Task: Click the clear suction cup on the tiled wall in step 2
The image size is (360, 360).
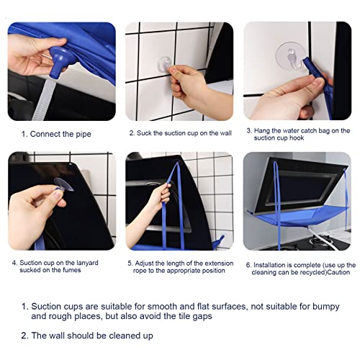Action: [165, 64]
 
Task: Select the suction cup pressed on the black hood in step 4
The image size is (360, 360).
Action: [63, 184]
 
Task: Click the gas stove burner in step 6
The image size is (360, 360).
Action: [319, 240]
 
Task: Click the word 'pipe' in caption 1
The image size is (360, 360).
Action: [84, 134]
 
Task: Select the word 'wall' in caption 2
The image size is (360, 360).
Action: [226, 133]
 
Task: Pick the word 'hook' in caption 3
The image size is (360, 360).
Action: [297, 138]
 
